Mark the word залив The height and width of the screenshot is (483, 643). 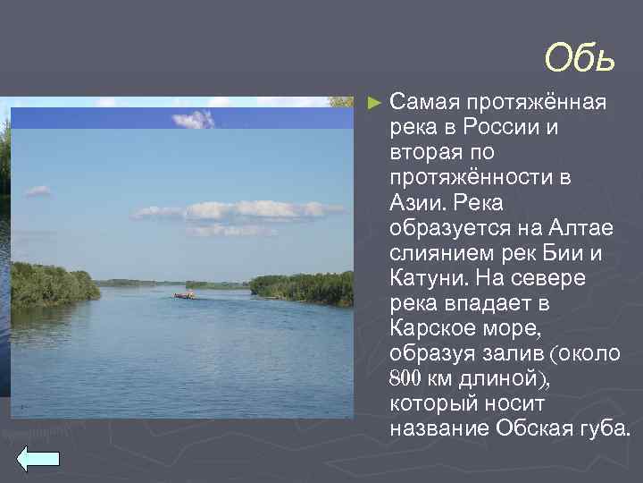(505, 353)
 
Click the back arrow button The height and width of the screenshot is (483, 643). (38, 457)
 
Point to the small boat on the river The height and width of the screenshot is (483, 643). (183, 294)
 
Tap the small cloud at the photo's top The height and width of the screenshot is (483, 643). (194, 119)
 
